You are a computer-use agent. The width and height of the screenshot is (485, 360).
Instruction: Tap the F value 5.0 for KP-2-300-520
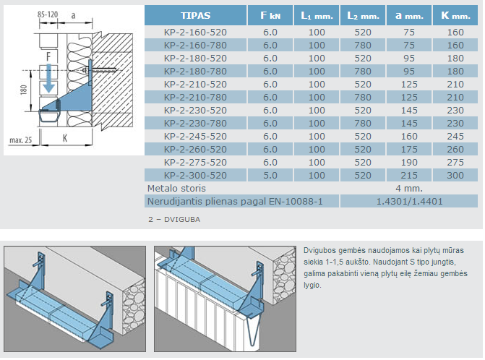pyautogui.click(x=270, y=175)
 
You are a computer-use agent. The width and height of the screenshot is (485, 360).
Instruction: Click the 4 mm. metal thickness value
pyautogui.click(x=409, y=188)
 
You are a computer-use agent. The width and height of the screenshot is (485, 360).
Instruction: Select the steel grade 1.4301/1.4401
pyautogui.click(x=409, y=201)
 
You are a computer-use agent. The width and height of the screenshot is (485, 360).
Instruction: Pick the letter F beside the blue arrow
pyautogui.click(x=48, y=55)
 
